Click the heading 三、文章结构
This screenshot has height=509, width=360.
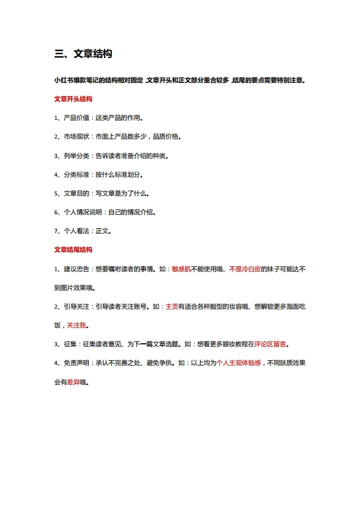[x=83, y=54]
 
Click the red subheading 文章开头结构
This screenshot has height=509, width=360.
[x=73, y=99]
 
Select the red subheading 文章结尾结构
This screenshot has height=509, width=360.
[x=73, y=249]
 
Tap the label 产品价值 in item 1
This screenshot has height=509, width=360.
[x=77, y=117]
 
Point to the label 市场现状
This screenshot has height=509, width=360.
[x=77, y=137]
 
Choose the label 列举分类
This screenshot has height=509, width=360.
[x=77, y=156]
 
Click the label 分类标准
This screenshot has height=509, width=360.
[x=77, y=174]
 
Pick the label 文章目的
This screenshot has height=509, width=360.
[x=77, y=193]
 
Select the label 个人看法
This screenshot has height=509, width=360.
[x=77, y=231]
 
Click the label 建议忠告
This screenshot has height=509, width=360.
[x=77, y=268]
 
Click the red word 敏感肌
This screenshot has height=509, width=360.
[x=182, y=268]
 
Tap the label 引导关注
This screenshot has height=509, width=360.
[x=77, y=306]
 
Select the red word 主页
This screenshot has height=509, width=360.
[x=172, y=306]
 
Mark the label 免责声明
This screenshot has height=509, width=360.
[x=77, y=363]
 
